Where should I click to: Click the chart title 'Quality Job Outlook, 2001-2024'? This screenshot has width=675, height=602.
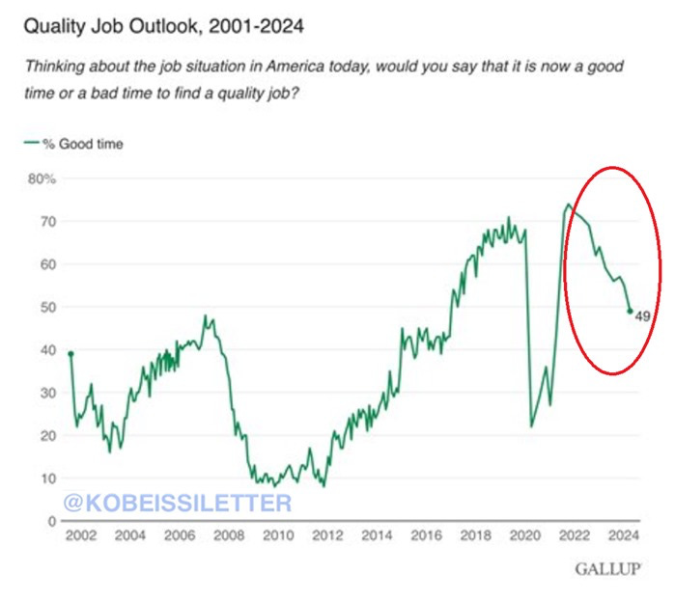(163, 26)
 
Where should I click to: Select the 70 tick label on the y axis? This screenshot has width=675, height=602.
(48, 222)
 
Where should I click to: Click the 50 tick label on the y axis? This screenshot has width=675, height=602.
(48, 307)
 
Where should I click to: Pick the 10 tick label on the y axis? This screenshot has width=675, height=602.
(48, 478)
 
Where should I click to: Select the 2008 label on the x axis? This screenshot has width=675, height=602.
(228, 536)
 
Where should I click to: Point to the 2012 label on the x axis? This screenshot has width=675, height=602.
(327, 536)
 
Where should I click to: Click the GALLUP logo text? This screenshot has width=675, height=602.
(608, 569)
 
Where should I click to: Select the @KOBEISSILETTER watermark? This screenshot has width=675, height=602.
(177, 503)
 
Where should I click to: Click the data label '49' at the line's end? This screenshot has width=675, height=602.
(642, 315)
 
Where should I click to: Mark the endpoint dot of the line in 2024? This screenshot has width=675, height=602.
(631, 311)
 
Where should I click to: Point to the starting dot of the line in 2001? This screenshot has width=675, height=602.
(70, 353)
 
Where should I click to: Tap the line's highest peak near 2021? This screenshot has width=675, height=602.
(568, 205)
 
